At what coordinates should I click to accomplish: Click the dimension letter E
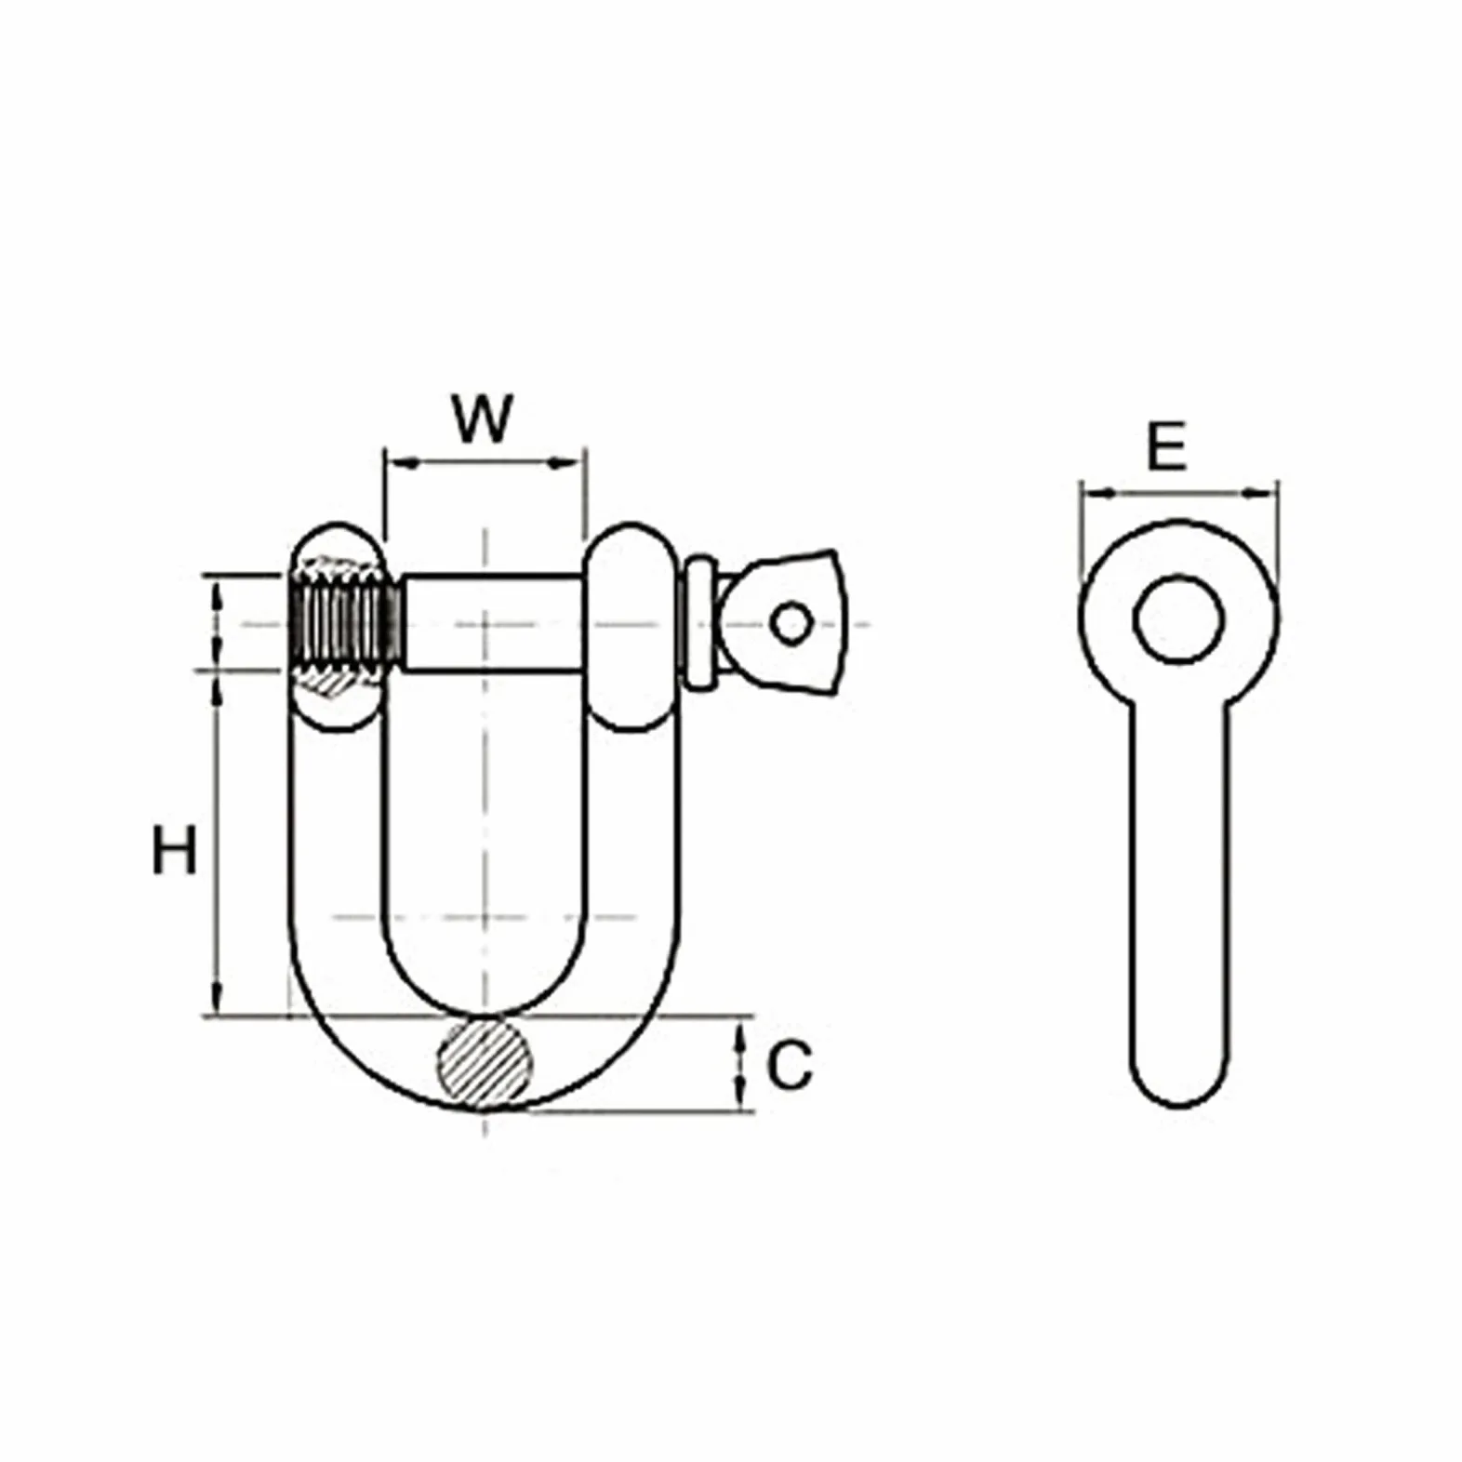click(1166, 446)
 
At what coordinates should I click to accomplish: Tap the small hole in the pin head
click(791, 624)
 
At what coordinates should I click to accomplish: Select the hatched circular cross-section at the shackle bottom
click(485, 1063)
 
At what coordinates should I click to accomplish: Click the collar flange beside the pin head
click(697, 623)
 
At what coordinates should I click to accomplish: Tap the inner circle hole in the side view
click(1178, 619)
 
